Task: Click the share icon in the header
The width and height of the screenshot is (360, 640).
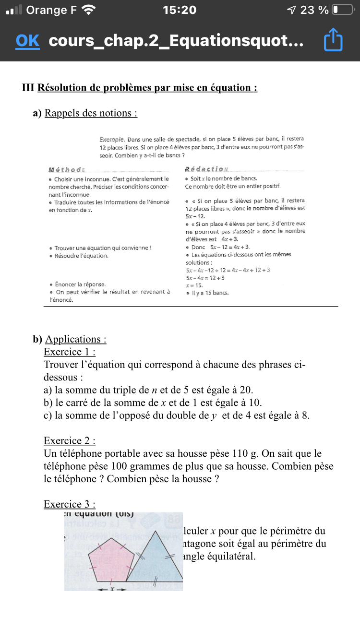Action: coord(334,41)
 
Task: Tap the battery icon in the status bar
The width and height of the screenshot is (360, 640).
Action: coord(342,10)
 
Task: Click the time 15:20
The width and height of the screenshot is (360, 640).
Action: coord(180,10)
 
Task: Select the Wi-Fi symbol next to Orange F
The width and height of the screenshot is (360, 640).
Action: coord(89,10)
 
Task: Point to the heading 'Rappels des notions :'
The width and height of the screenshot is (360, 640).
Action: coord(91,113)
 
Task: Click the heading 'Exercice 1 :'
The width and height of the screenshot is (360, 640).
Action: coord(69,352)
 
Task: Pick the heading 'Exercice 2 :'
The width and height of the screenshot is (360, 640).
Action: coord(69,440)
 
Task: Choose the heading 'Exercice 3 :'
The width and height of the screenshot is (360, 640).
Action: coord(69,504)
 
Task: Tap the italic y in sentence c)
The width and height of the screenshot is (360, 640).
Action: coord(214,415)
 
